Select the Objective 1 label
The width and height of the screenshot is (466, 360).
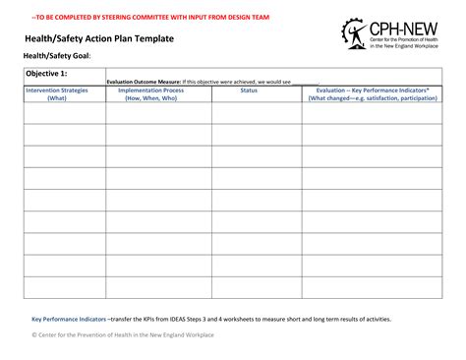[46, 74]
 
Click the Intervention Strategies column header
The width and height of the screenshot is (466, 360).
[57, 93]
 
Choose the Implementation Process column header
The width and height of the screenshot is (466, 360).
[157, 93]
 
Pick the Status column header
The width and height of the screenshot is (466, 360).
[249, 90]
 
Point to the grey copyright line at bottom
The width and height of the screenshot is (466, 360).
[122, 335]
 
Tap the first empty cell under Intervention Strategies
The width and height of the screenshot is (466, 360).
[57, 112]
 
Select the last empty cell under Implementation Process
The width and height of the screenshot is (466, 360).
[157, 287]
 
